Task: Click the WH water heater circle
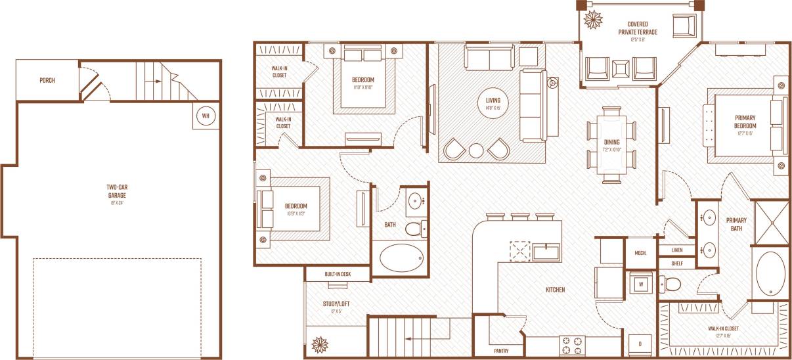coord(206,116)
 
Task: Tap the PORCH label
coord(47,81)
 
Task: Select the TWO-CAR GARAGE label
coord(116,191)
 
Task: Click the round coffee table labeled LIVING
coord(489,104)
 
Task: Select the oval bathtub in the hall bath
coord(402,258)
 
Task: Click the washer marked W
coord(641,284)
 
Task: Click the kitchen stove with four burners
coord(572,345)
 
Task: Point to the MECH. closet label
coord(641,253)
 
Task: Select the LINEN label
coord(676,250)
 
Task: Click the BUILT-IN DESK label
coord(338,275)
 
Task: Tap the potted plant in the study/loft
coord(320,344)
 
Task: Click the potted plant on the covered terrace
coord(594,19)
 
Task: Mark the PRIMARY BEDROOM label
coord(745,122)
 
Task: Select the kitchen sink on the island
coord(546,251)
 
